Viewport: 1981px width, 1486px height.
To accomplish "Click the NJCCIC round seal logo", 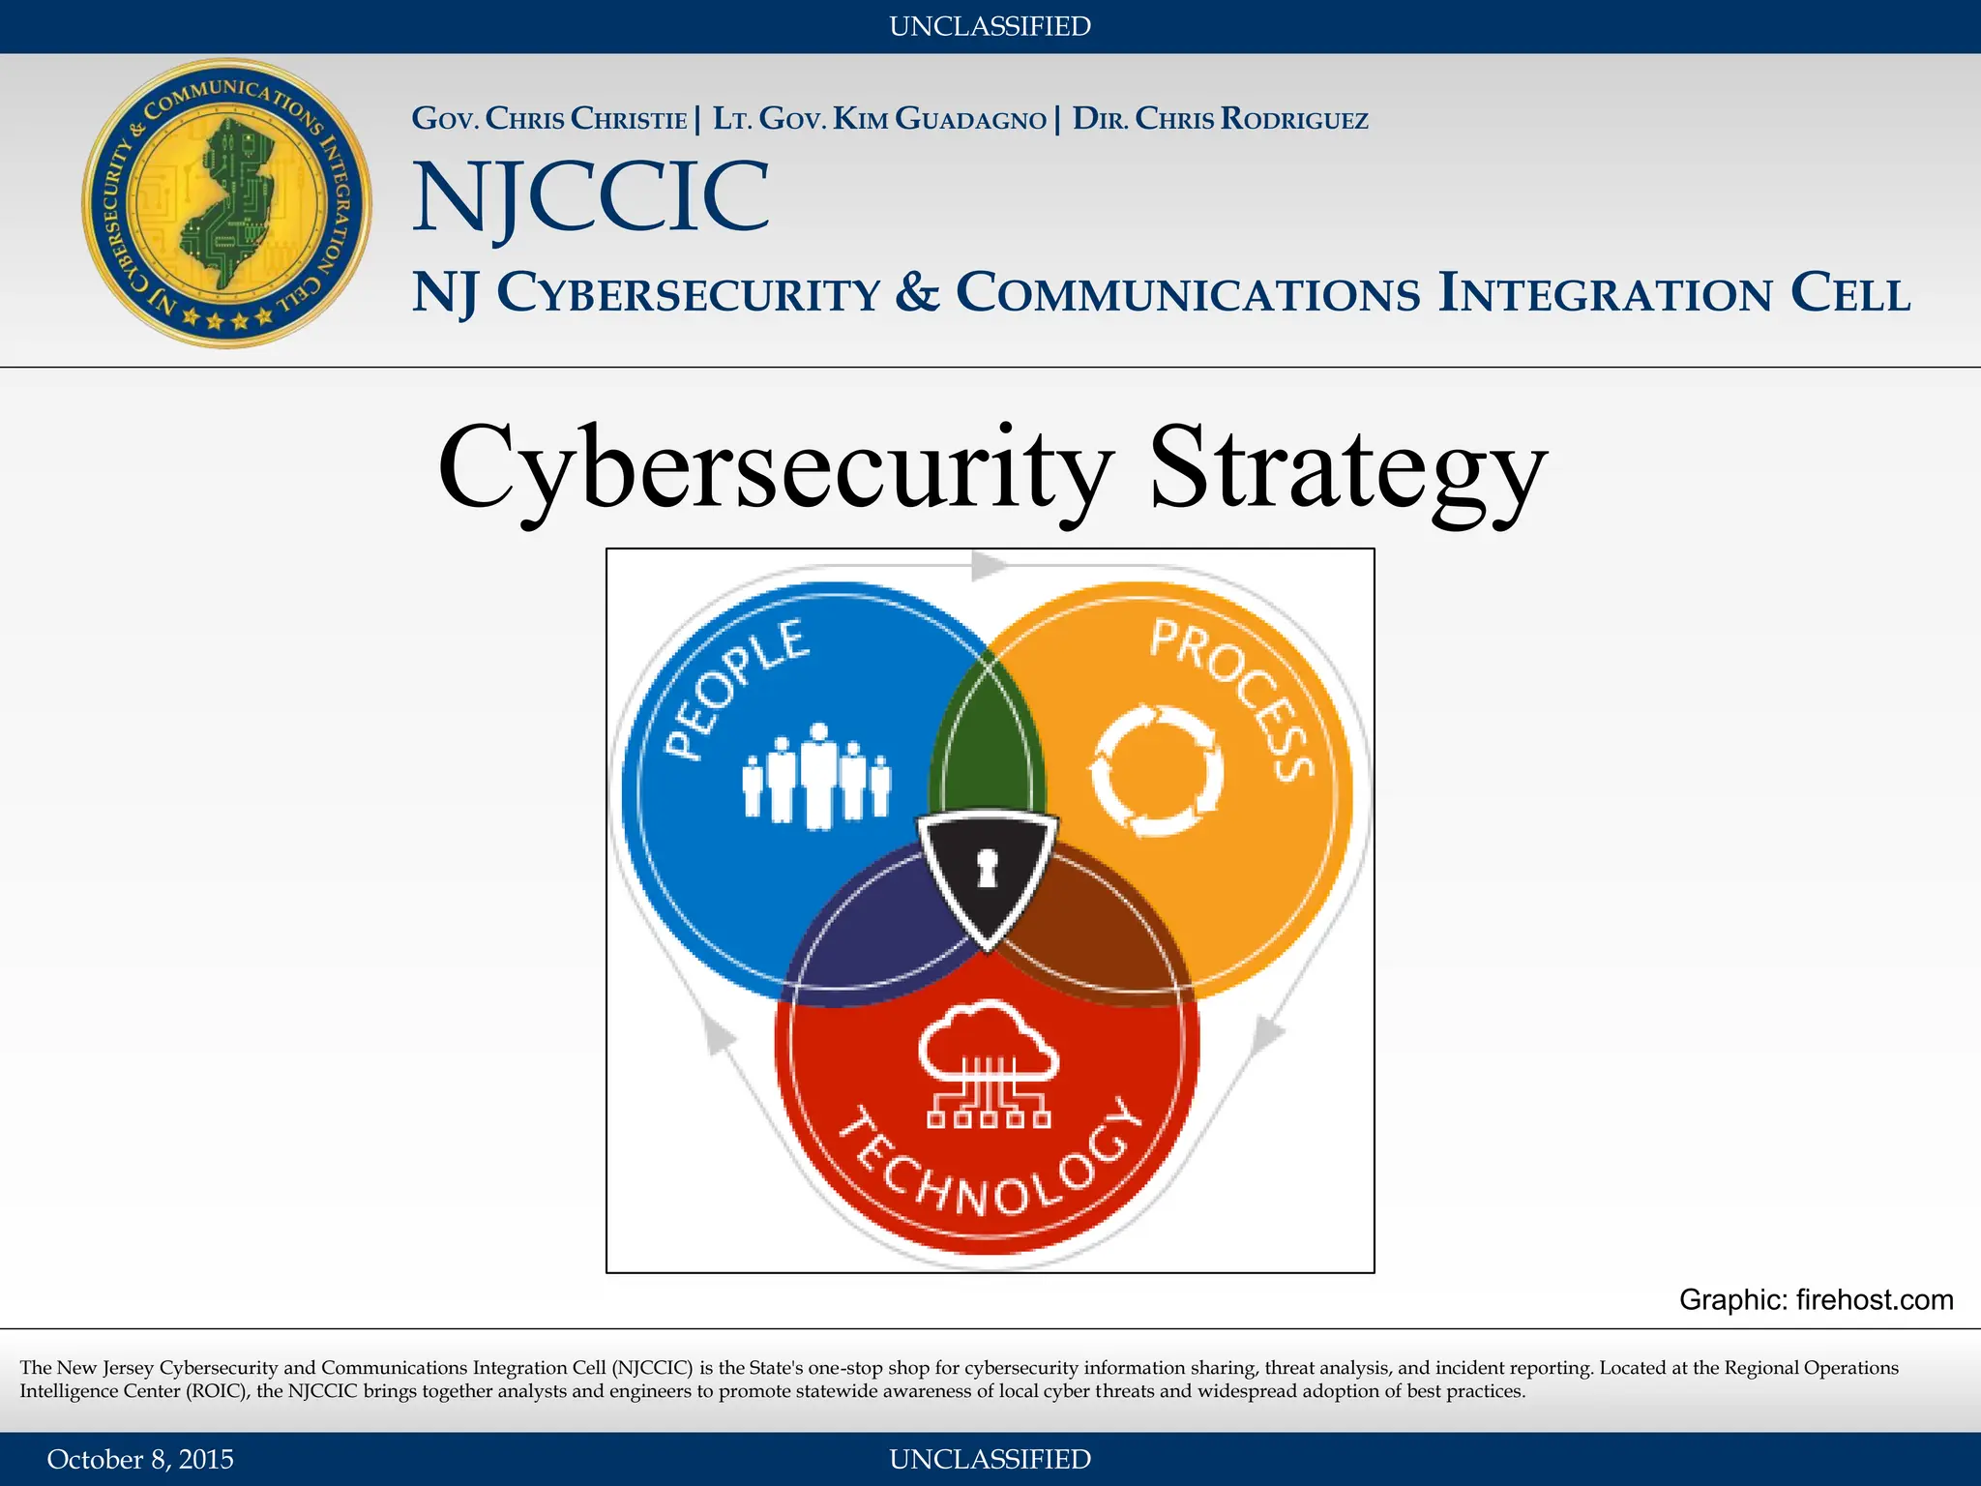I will [226, 203].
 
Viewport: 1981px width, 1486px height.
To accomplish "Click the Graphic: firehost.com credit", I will [1816, 1299].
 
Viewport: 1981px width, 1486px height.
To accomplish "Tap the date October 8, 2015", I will [140, 1459].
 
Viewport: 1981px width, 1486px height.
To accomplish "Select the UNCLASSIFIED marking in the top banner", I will [990, 26].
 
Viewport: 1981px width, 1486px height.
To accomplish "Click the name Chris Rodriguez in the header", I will [1251, 119].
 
